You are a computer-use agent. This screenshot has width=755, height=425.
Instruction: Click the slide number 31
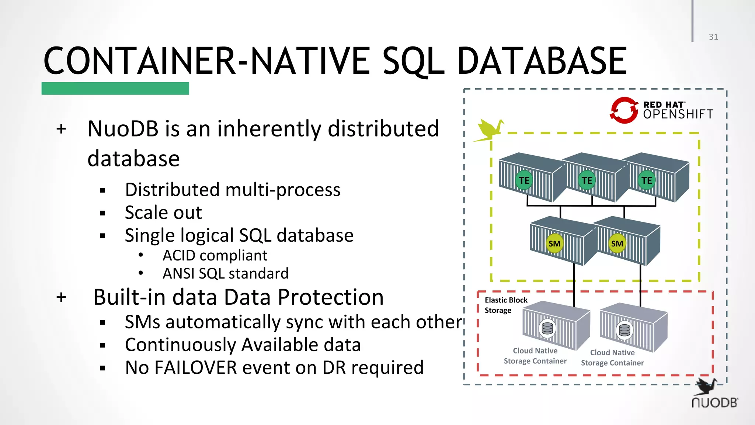tap(713, 37)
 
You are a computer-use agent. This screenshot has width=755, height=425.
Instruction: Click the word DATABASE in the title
tap(542, 61)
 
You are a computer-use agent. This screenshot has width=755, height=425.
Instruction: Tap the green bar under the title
tap(115, 89)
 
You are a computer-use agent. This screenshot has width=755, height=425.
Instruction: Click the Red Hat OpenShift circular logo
tap(624, 110)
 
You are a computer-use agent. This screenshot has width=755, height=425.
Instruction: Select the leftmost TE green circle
tap(524, 180)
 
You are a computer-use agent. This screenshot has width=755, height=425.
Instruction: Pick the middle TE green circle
tap(587, 180)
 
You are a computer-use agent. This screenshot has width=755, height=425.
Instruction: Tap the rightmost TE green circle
tap(647, 180)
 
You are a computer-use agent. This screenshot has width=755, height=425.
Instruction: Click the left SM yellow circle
tap(554, 243)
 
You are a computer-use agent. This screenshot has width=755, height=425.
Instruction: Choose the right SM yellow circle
tap(617, 243)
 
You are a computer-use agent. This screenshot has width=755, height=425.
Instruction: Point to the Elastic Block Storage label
tap(506, 305)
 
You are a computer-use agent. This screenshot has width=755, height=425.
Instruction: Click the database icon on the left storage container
tap(547, 328)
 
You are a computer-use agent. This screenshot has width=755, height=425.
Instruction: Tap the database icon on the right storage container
tap(624, 330)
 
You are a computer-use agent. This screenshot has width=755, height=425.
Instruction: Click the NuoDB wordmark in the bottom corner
tap(714, 402)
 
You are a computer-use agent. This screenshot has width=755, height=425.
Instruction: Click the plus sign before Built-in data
tap(62, 297)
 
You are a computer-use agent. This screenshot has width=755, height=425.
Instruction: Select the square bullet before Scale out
tap(102, 213)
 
